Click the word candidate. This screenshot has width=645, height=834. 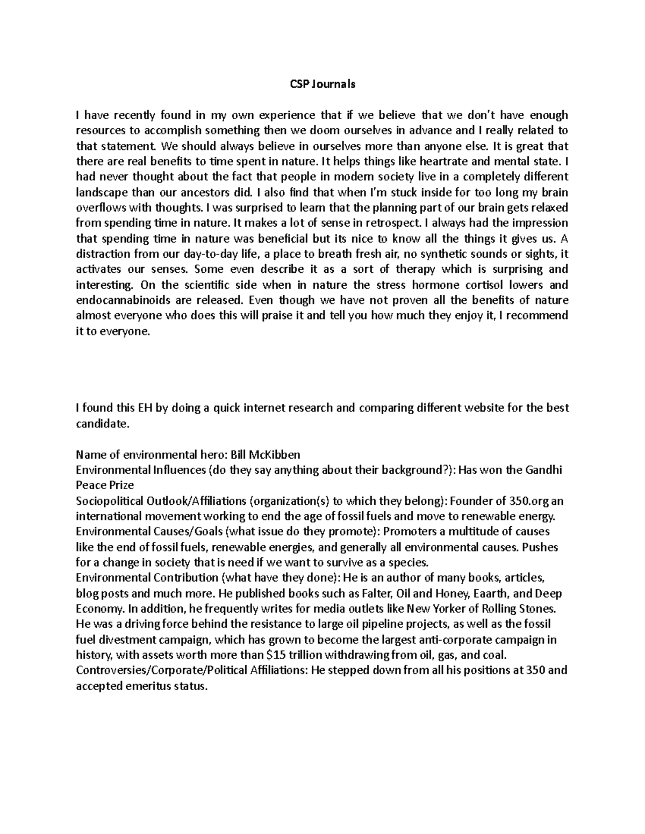click(102, 424)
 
